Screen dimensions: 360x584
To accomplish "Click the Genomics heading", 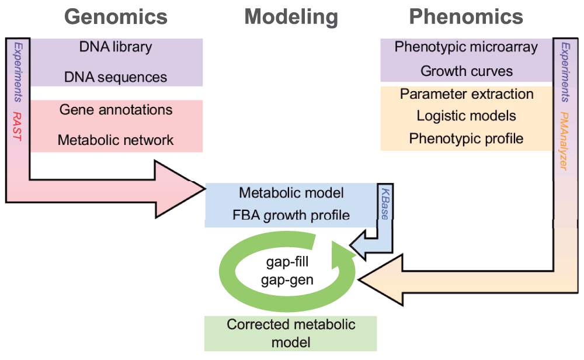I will (116, 16).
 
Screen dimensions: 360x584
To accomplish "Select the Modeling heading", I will (291, 16).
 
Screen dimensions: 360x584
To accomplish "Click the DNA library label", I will (116, 47).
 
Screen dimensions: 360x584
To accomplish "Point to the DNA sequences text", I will (116, 77).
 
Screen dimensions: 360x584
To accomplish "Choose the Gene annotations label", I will (116, 109).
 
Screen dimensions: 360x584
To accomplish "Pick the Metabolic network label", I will (116, 140).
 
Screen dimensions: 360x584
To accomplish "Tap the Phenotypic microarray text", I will (466, 47).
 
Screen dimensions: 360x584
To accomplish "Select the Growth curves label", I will (466, 71).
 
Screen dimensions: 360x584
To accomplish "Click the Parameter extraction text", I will (466, 94).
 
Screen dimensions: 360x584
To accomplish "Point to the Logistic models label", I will (466, 116).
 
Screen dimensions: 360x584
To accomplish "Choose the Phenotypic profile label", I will (466, 139).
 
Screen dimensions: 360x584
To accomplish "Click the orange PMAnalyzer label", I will (564, 140).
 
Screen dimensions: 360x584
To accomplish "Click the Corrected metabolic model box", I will (291, 333).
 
